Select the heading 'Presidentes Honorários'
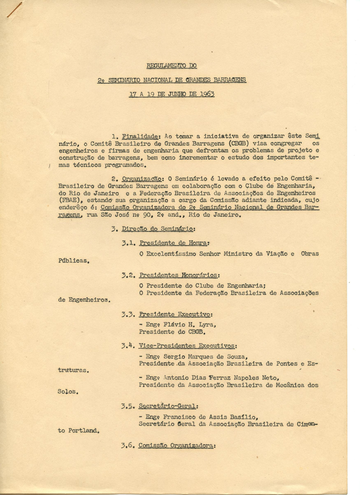(179, 275)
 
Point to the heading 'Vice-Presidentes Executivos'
(187, 346)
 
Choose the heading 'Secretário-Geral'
(168, 406)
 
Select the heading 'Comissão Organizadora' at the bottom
(176, 445)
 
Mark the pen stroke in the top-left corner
(14, 9)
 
